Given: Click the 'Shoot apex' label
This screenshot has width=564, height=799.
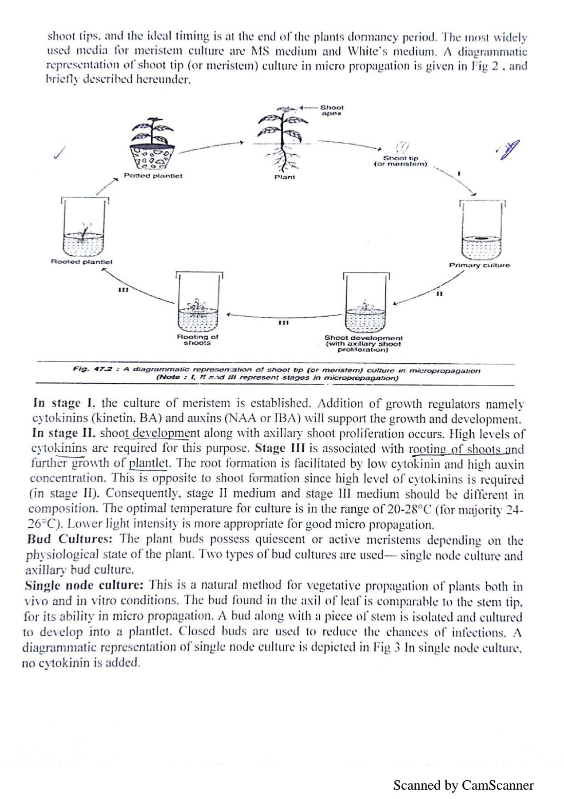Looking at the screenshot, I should [x=331, y=110].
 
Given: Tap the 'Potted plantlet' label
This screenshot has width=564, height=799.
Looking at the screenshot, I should [x=153, y=176].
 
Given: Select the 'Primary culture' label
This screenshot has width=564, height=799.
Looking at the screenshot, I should [x=480, y=265].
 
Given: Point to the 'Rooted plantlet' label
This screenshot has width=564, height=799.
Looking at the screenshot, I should [x=82, y=262].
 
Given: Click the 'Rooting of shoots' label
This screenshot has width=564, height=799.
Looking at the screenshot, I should [x=197, y=340].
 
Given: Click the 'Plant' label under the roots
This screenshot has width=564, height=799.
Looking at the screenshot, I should [x=284, y=177].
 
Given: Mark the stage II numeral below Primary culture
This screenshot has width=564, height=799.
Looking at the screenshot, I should [x=439, y=294].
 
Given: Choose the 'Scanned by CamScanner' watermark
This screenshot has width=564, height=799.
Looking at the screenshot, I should [x=463, y=785].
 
